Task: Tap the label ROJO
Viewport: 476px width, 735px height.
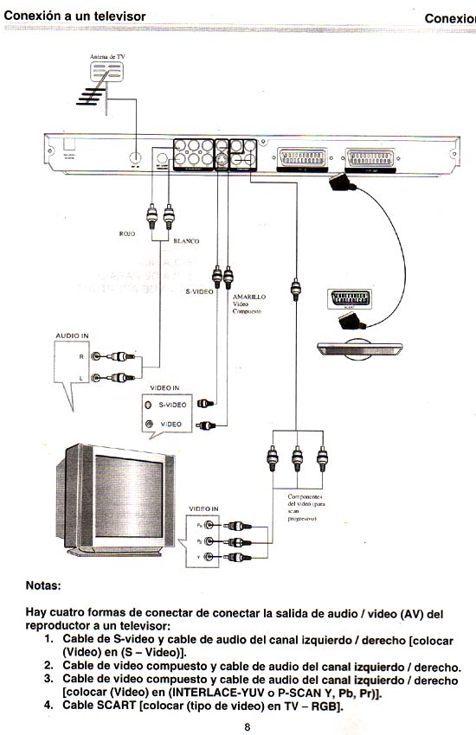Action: click(128, 233)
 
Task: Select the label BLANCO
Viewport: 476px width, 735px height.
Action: click(186, 241)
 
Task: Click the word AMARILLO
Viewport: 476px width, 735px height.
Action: click(249, 296)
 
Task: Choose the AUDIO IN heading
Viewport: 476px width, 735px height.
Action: click(73, 336)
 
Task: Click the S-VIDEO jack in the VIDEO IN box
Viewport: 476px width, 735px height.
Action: click(149, 404)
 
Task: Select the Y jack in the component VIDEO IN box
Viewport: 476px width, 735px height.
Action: click(212, 556)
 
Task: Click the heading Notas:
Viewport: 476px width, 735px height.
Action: click(43, 585)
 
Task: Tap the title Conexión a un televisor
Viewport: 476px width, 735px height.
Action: click(74, 17)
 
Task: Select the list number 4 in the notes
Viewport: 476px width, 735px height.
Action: click(49, 706)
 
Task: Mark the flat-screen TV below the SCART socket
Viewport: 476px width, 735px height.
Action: click(360, 348)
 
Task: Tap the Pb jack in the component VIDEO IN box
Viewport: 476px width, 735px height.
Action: click(212, 540)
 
